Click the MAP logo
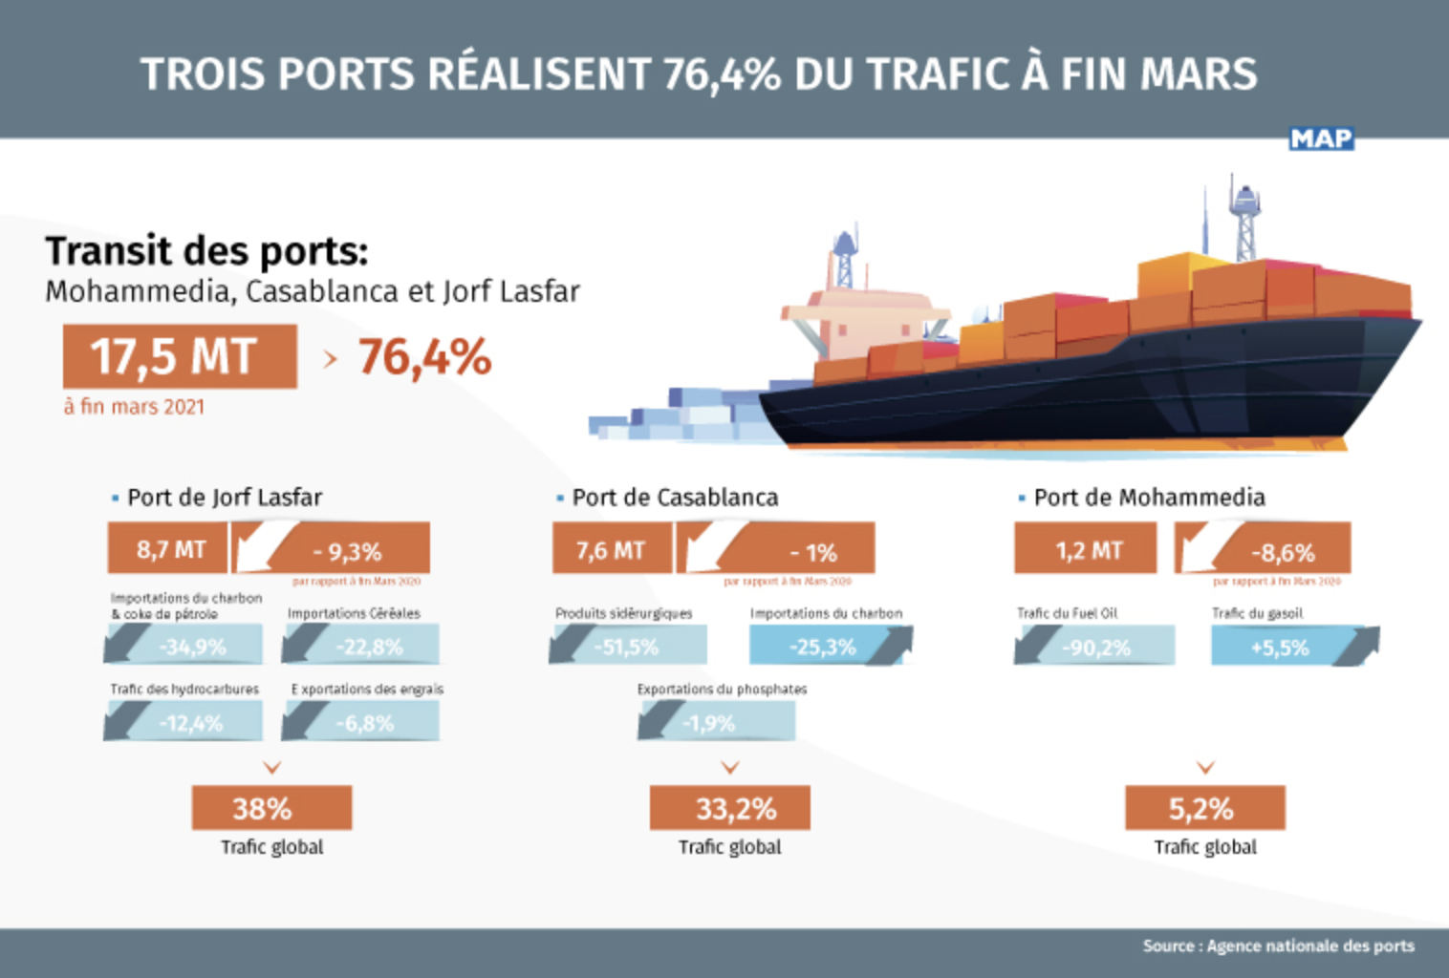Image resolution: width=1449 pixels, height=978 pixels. pyautogui.click(x=1321, y=139)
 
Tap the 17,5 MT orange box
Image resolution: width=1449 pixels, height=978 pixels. pyautogui.click(x=180, y=356)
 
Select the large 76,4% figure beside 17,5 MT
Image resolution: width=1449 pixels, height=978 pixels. pyautogui.click(x=424, y=358)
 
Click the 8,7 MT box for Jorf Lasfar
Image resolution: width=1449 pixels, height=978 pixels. pyautogui.click(x=168, y=549)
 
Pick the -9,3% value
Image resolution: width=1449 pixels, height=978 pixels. pyautogui.click(x=346, y=551)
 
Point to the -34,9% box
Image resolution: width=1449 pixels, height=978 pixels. pyautogui.click(x=184, y=647)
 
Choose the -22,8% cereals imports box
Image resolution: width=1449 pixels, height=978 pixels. pyautogui.click(x=362, y=647)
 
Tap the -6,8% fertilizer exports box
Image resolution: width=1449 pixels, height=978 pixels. pyautogui.click(x=362, y=723)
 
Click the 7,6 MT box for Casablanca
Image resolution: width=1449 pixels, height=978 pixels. pyautogui.click(x=612, y=549)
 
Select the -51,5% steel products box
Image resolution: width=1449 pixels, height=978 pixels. pyautogui.click(x=628, y=647)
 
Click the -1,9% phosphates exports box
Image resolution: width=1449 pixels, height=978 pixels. pyautogui.click(x=716, y=723)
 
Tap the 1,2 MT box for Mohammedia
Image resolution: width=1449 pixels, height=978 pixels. pyautogui.click(x=1086, y=550)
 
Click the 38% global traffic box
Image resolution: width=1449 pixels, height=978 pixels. pyautogui.click(x=271, y=808)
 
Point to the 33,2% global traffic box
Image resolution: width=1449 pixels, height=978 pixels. pyautogui.click(x=730, y=808)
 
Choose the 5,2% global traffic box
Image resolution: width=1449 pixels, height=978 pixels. pyautogui.click(x=1204, y=808)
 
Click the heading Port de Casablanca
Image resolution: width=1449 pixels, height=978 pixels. pyautogui.click(x=675, y=498)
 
